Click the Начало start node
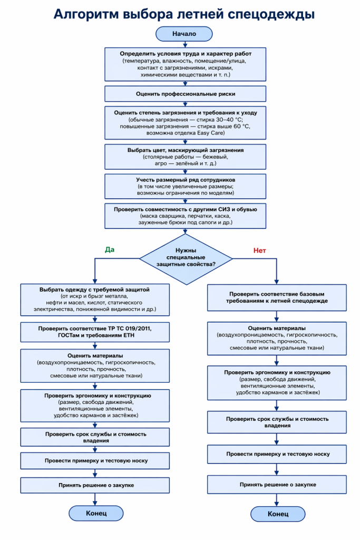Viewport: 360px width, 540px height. [184, 34]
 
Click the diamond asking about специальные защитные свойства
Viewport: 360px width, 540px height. [187, 257]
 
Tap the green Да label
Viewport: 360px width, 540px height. [109, 249]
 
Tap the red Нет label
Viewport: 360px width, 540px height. [259, 250]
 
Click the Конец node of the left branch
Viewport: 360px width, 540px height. [96, 512]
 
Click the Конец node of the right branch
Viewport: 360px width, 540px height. [278, 514]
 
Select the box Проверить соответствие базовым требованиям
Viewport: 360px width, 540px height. [277, 297]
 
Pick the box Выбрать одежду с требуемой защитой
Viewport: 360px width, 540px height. [95, 299]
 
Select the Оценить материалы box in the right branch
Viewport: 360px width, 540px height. [277, 338]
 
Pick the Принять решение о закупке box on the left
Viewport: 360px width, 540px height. [95, 485]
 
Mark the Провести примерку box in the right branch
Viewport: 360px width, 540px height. [277, 454]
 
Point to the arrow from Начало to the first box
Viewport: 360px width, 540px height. [184, 44]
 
